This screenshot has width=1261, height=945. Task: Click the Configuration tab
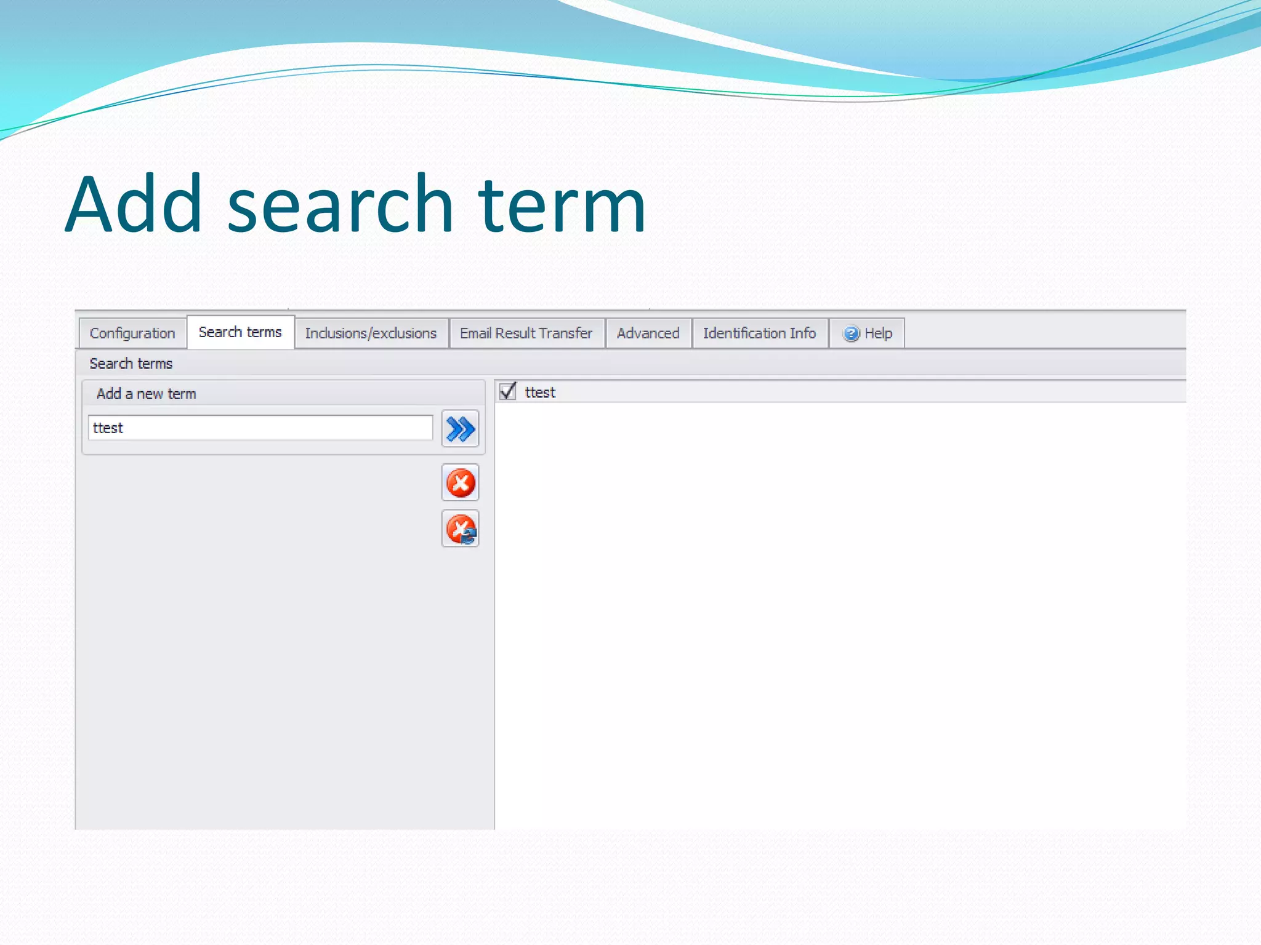pos(132,333)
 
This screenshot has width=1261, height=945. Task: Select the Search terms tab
pos(240,332)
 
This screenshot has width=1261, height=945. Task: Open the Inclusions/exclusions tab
pos(371,333)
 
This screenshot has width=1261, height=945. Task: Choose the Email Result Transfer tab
pos(526,333)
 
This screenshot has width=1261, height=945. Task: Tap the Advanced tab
pos(648,333)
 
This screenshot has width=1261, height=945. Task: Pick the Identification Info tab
pos(759,333)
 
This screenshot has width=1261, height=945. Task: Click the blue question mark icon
pos(851,333)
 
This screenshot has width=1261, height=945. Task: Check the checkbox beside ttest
pos(508,391)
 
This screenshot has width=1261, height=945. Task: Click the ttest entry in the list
pos(540,393)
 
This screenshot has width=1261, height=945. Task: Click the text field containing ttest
pos(260,428)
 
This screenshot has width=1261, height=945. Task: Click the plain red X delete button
pos(460,482)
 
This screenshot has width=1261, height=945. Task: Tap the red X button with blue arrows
pos(460,529)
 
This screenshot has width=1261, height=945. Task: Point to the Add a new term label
pos(147,394)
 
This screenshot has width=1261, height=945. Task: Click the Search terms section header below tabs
pos(131,364)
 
